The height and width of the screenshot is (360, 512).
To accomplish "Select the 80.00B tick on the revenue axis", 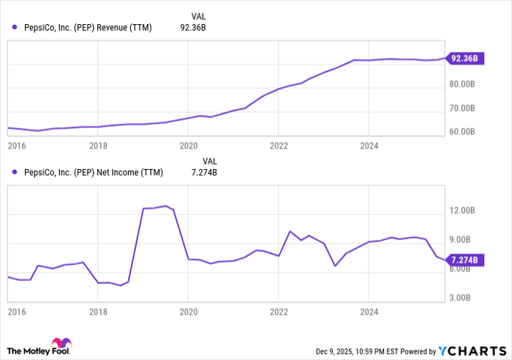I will [x=464, y=84].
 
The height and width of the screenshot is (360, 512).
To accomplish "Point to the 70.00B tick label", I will [x=464, y=108].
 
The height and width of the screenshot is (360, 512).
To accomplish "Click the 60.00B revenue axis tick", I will [x=464, y=132].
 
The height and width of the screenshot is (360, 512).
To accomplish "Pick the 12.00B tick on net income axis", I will [x=464, y=211].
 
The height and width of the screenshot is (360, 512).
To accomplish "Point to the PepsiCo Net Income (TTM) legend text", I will [x=94, y=173].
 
